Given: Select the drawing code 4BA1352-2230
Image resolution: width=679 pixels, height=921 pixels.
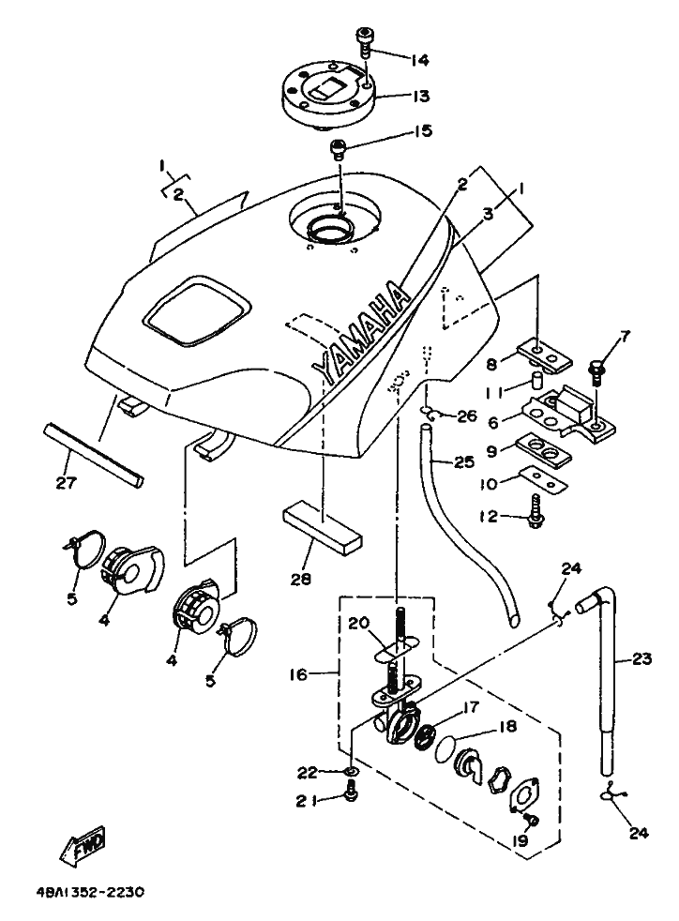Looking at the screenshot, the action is point(85,893).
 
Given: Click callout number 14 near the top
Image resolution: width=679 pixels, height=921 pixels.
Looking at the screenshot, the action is point(419,59).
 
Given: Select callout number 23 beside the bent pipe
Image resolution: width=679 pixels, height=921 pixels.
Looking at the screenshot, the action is point(642,658).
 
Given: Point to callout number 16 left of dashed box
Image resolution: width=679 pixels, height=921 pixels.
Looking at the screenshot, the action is point(298,674).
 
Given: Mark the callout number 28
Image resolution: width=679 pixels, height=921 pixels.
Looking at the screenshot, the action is point(301,580).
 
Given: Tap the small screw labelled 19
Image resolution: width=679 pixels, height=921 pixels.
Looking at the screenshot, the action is point(534,819).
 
